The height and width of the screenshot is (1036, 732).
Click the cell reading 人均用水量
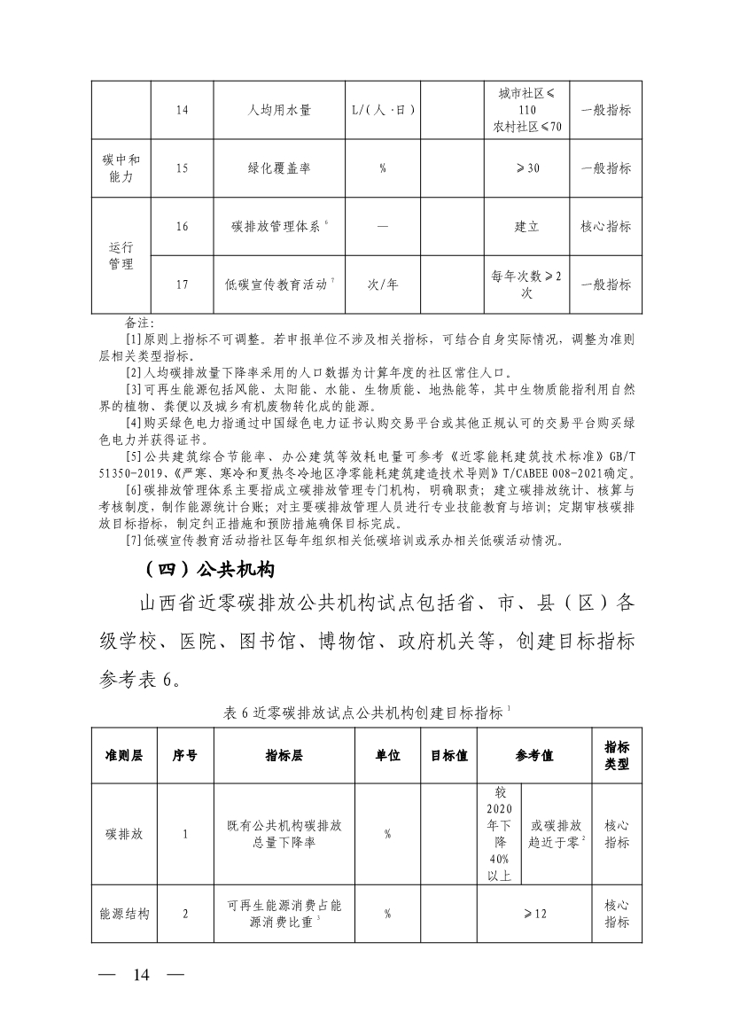pyautogui.click(x=279, y=111)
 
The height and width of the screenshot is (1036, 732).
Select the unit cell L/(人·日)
pyautogui.click(x=382, y=111)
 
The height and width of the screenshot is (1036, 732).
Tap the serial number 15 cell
pyautogui.click(x=182, y=168)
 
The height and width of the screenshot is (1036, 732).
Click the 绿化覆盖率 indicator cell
pyautogui.click(x=279, y=168)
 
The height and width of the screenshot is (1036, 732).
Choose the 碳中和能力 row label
pyautogui.click(x=121, y=168)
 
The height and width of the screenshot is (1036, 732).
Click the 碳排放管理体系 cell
pyautogui.click(x=279, y=226)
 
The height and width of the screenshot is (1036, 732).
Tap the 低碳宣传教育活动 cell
pyautogui.click(x=279, y=284)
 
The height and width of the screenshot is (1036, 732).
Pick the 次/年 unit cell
pyautogui.click(x=382, y=284)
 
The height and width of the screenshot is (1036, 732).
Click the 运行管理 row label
pyautogui.click(x=121, y=255)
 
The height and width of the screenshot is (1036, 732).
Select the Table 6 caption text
pyautogui.click(x=364, y=712)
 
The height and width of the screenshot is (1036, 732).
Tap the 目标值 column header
pyautogui.click(x=449, y=755)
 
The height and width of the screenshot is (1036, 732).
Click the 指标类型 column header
pyautogui.click(x=617, y=755)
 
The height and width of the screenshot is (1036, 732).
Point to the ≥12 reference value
pyautogui.click(x=533, y=914)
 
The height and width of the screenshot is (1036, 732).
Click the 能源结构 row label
pyautogui.click(x=124, y=914)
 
